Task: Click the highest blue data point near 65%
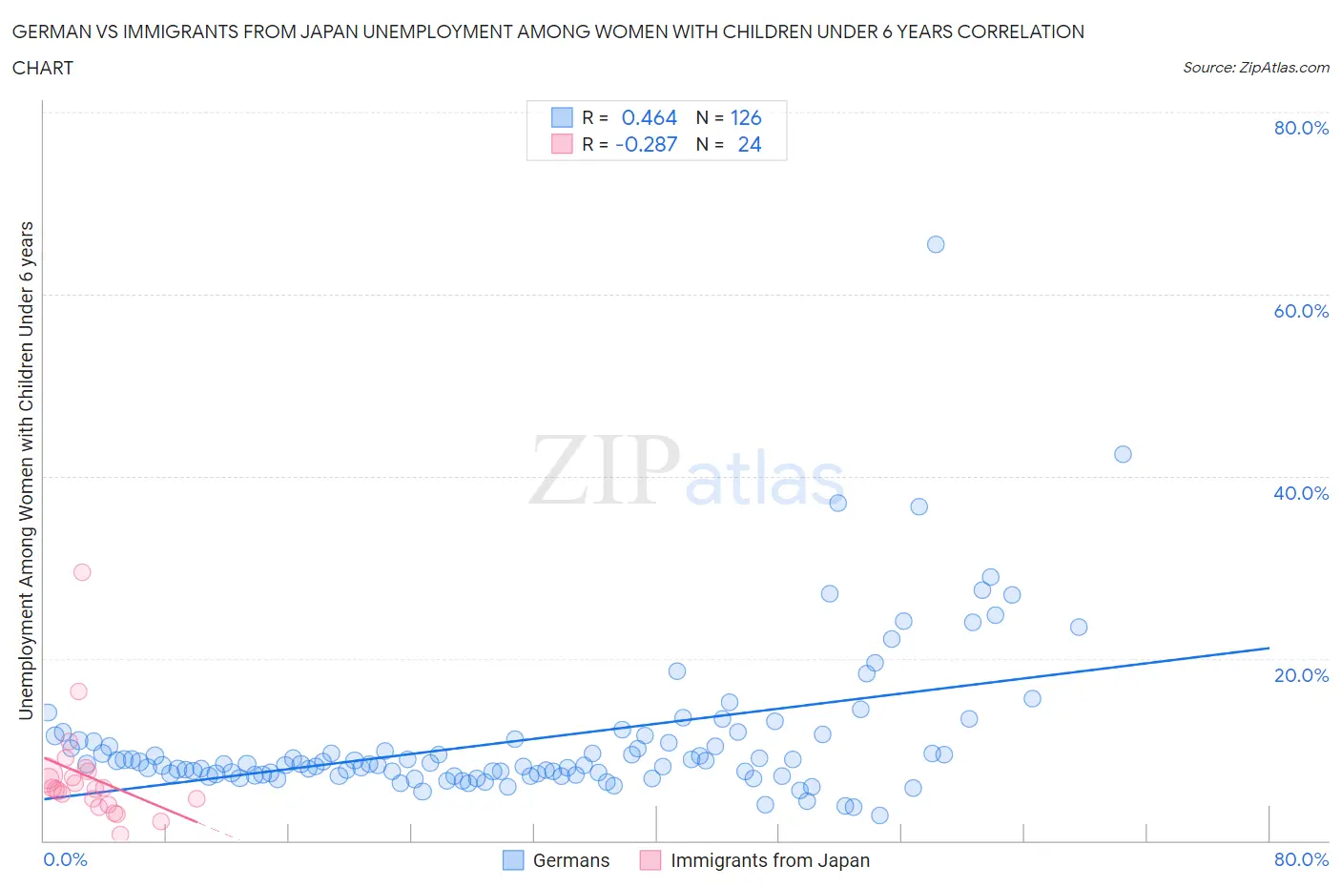pos(936,244)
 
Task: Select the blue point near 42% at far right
pos(1123,454)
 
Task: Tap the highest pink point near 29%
pos(82,572)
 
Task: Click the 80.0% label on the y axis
pos(1301,128)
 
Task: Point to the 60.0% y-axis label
pos(1301,311)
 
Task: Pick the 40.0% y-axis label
pos(1301,493)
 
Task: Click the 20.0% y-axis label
pos(1301,675)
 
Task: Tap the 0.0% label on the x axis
pos(65,859)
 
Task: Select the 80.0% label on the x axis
pos(1301,859)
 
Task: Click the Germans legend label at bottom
pos(570,860)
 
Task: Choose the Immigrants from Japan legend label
pos(770,860)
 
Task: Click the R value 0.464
pos(649,117)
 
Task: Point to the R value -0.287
pos(646,144)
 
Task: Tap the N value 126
pos(746,117)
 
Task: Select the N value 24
pos(750,144)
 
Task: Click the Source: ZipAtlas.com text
pos(1255,67)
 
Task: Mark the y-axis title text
pos(26,470)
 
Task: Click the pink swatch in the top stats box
pos(562,144)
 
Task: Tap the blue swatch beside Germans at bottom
pos(513,860)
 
